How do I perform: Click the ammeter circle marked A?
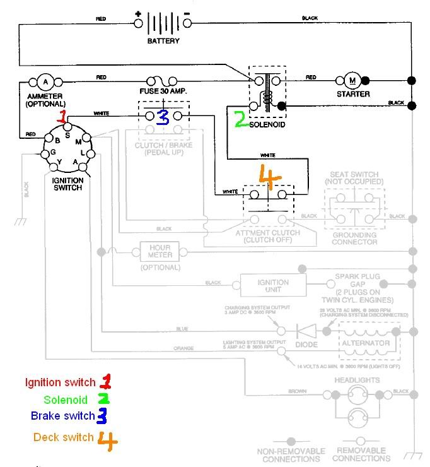[44, 81]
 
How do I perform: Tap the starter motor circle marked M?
[352, 80]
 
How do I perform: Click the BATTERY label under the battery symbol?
[164, 41]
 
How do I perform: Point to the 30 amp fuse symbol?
[160, 81]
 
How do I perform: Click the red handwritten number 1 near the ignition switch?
[62, 117]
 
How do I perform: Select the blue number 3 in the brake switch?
[163, 117]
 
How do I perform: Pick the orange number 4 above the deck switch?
[269, 178]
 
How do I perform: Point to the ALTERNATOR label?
[366, 343]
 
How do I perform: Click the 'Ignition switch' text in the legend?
[61, 382]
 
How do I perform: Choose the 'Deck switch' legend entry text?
[64, 437]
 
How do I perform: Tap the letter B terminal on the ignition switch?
[57, 139]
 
